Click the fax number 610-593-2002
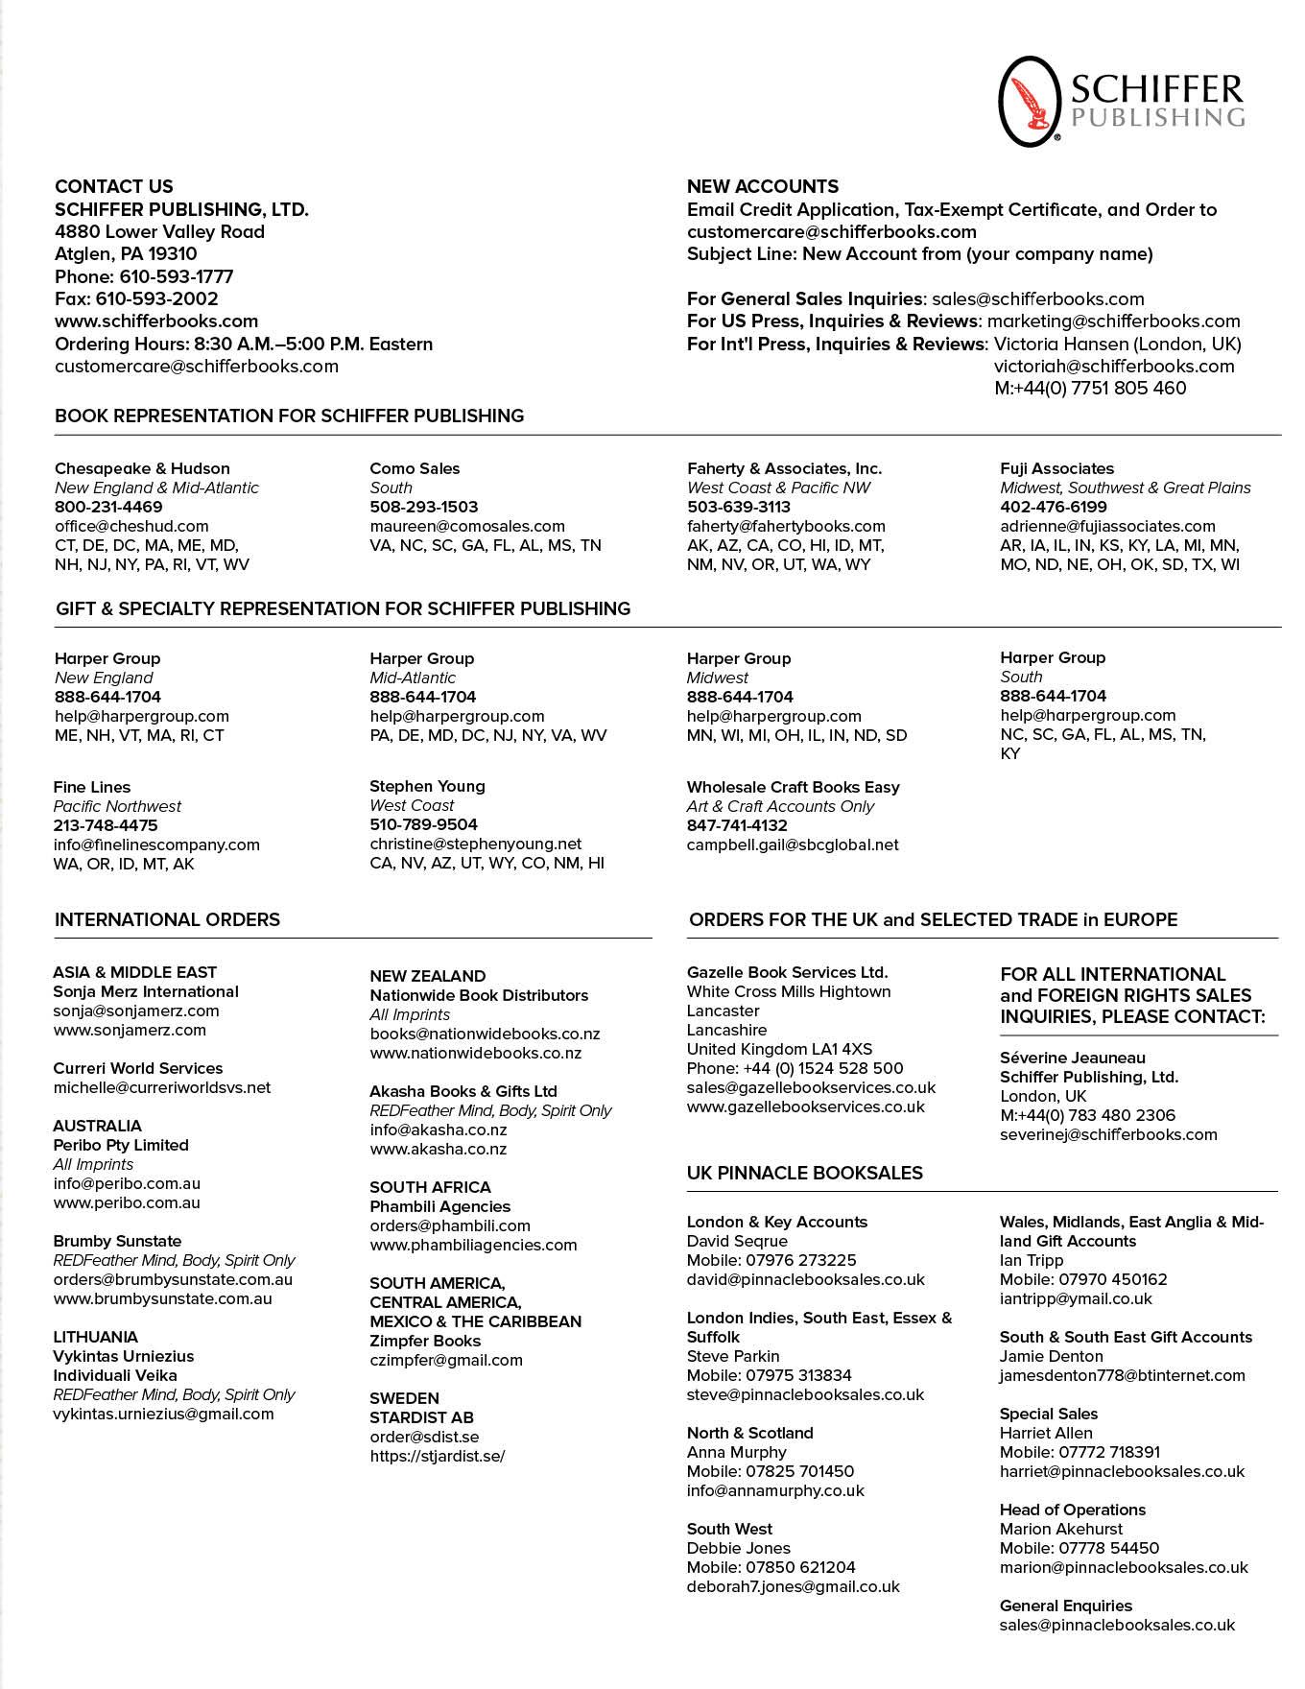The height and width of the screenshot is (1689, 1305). point(156,298)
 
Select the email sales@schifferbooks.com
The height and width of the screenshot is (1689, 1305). point(1037,298)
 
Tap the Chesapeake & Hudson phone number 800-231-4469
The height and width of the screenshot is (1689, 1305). point(108,507)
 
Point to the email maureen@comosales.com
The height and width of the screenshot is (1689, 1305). point(467,526)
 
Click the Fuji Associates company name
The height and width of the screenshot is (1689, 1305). point(1056,468)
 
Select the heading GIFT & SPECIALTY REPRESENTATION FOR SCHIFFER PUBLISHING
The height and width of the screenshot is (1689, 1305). point(343,608)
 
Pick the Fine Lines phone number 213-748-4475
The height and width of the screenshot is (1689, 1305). point(106,825)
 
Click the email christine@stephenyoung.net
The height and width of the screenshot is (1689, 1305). point(476,844)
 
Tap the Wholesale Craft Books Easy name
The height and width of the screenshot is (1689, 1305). point(793,787)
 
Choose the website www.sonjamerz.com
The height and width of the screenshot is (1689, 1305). point(130,1030)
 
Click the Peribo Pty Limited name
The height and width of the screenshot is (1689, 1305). point(121,1145)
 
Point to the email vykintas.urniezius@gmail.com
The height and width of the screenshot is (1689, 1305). point(163,1414)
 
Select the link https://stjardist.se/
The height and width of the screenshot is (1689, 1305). point(438,1456)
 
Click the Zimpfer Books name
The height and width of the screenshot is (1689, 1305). point(425,1341)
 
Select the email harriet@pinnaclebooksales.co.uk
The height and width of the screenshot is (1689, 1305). point(1122,1471)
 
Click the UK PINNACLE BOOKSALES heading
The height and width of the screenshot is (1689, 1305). point(804,1173)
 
